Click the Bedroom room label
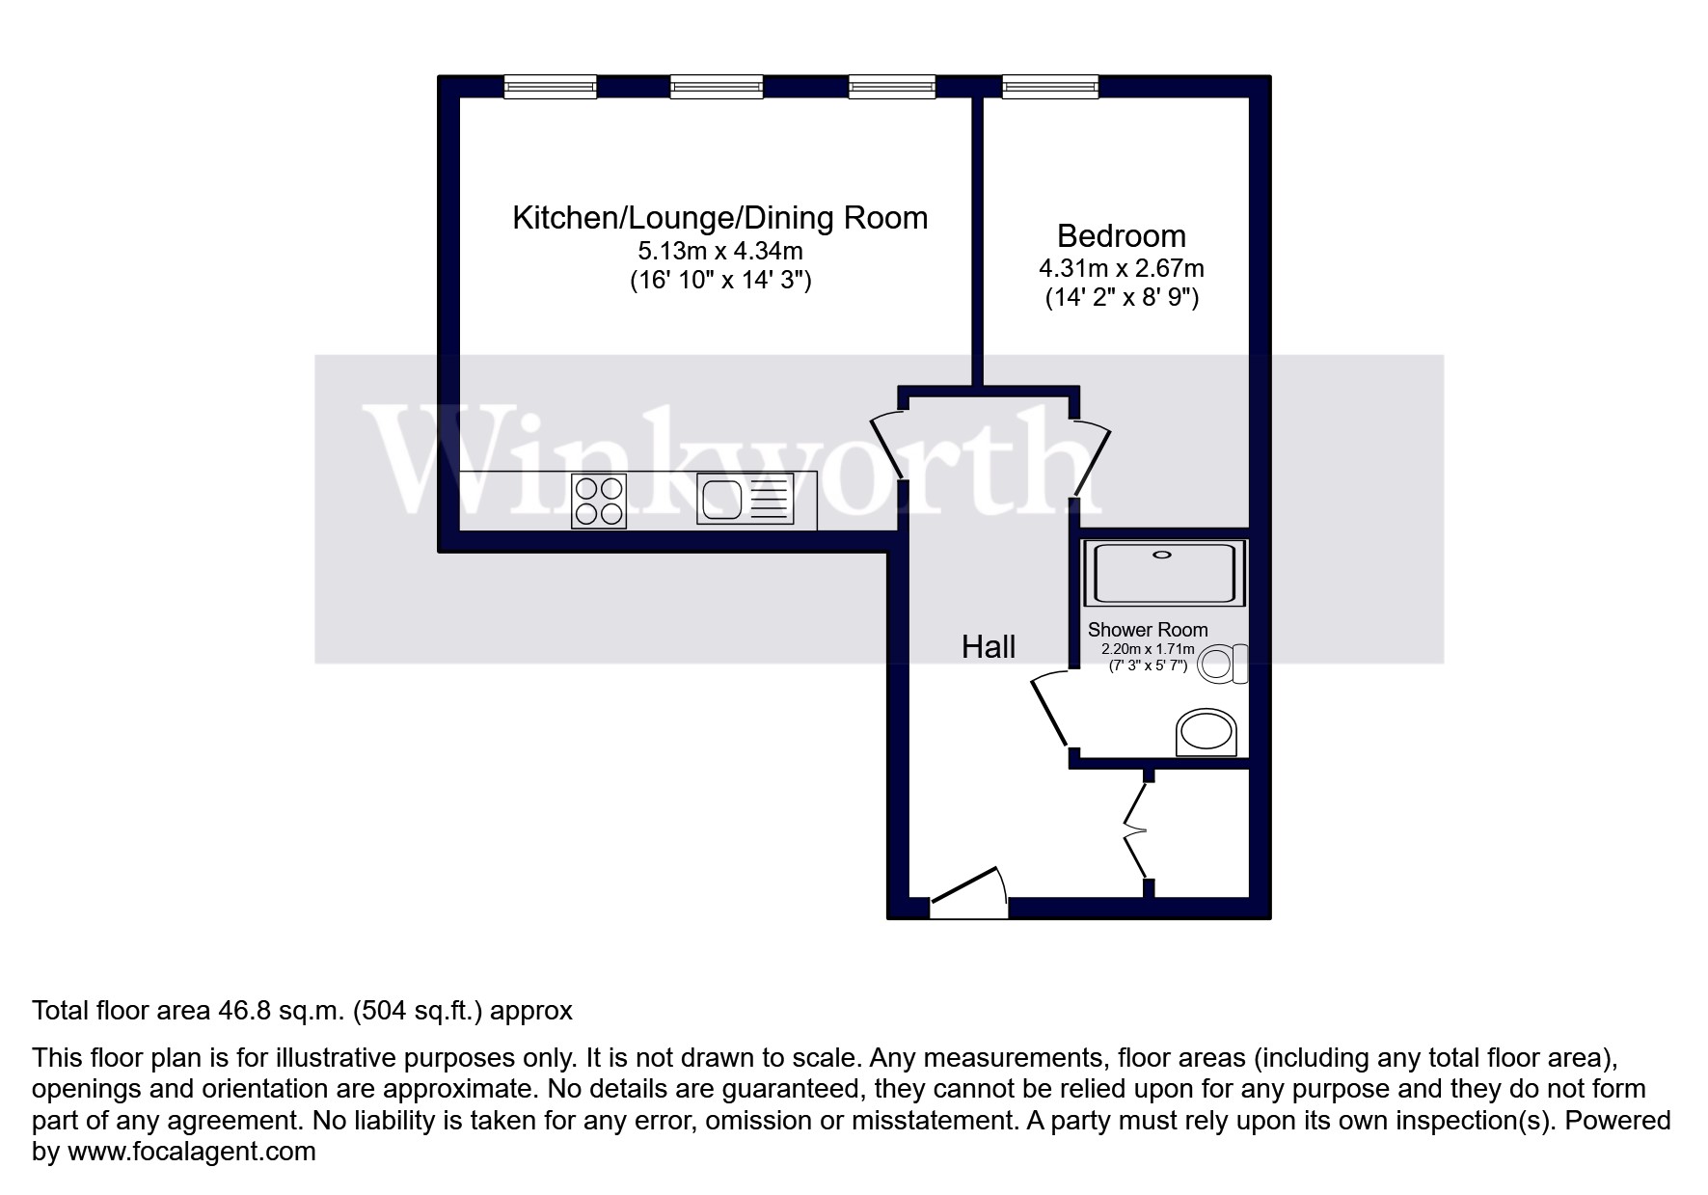[1121, 236]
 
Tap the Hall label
[988, 647]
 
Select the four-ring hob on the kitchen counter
[599, 502]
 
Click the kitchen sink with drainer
[746, 502]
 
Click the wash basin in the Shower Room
[1206, 733]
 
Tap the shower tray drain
[1162, 555]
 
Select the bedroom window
[1049, 88]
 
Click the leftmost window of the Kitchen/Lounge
[550, 88]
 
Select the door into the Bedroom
[1092, 459]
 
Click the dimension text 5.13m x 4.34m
[719, 252]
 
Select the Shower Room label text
[1147, 630]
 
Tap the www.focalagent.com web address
[191, 1152]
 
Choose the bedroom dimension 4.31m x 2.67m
[1121, 269]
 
